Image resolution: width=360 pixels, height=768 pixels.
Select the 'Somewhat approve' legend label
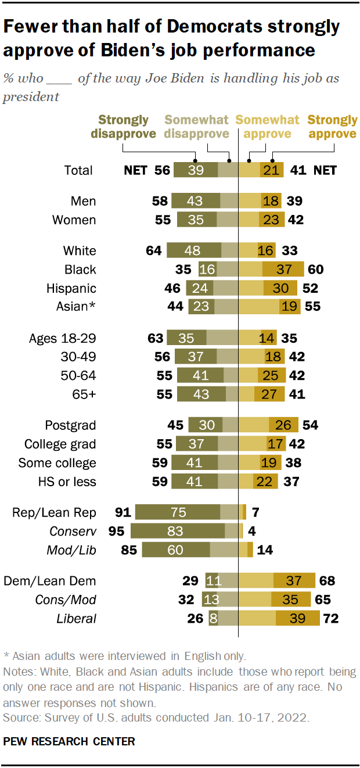tap(267, 127)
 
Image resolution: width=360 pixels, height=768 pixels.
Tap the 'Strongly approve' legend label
tap(332, 127)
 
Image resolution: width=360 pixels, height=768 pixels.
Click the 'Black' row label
tap(81, 270)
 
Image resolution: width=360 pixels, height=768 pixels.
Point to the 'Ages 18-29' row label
tap(62, 338)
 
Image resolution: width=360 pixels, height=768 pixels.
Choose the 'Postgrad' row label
tap(71, 425)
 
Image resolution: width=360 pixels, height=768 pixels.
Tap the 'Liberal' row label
tap(77, 618)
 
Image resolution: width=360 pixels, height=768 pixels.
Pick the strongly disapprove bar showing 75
tap(178, 512)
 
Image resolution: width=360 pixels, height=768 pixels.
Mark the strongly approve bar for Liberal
tap(298, 618)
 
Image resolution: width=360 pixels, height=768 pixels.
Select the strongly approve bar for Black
tap(283, 270)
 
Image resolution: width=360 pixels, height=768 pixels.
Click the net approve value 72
tap(330, 618)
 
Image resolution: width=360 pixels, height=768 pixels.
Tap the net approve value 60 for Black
tap(315, 270)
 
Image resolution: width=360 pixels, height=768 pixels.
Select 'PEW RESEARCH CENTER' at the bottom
tap(69, 742)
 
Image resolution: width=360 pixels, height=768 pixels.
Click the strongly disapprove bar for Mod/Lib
tap(175, 550)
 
